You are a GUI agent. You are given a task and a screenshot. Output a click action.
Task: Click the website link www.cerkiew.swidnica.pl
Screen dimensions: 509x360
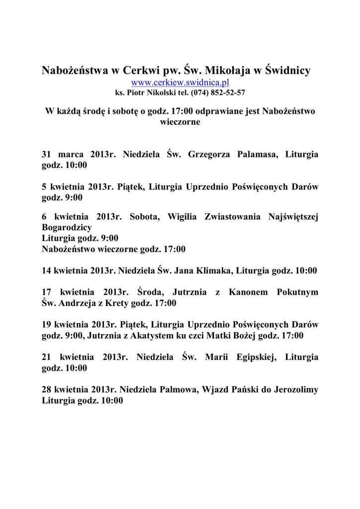coord(180,82)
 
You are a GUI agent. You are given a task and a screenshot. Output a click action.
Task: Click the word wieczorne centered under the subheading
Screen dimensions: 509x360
coord(180,122)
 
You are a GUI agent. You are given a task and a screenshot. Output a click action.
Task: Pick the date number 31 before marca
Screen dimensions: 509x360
coord(47,155)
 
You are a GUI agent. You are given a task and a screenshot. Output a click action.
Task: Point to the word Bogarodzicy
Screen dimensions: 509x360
coord(67,227)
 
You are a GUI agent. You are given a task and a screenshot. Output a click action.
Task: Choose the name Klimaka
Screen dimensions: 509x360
coord(214,271)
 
